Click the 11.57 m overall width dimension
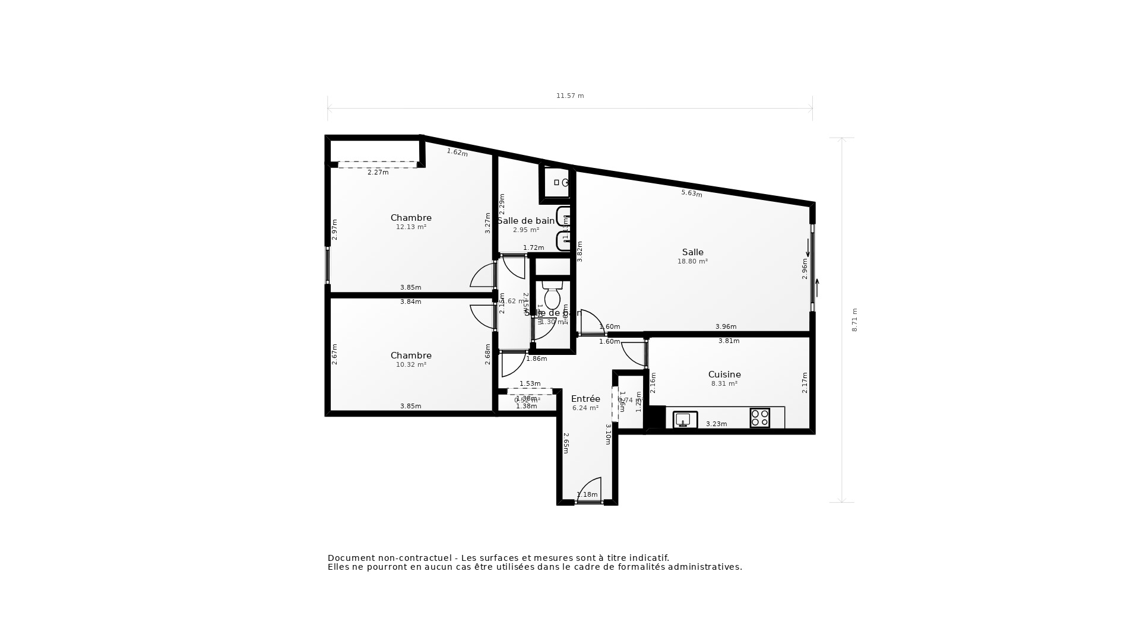(569, 96)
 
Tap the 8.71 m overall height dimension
(854, 320)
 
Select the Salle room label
(692, 252)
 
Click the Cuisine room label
(724, 375)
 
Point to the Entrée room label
(585, 399)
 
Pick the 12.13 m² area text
(411, 227)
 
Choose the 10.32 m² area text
(411, 365)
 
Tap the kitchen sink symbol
(685, 420)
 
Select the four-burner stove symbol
(759, 418)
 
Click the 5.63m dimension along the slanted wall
(691, 193)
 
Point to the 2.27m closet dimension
(378, 173)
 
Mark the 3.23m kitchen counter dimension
(716, 424)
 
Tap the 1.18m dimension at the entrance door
(587, 495)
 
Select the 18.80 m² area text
(692, 262)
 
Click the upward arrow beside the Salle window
(817, 288)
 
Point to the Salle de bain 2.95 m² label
(526, 225)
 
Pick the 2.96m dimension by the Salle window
(805, 268)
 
